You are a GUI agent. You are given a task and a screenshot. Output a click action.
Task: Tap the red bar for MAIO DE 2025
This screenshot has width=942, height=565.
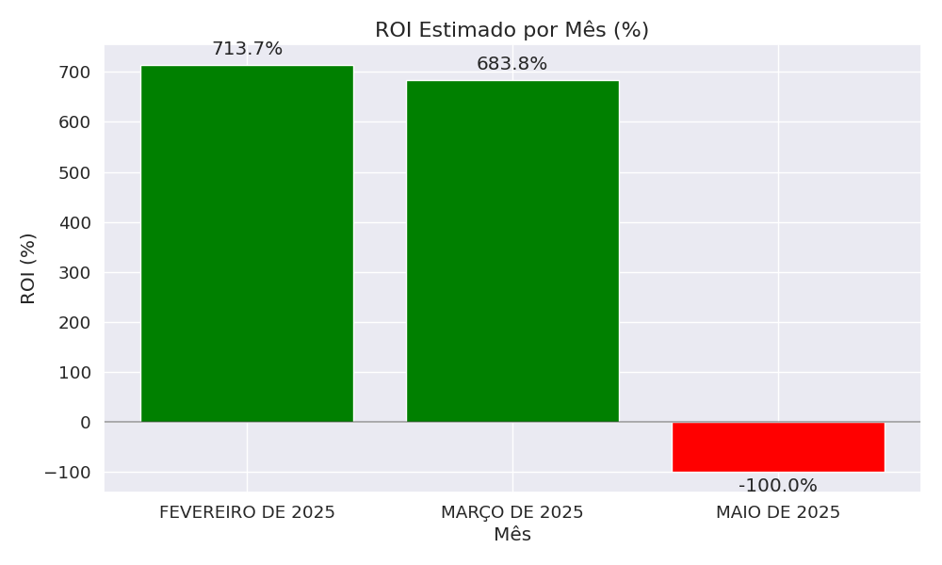[x=778, y=447]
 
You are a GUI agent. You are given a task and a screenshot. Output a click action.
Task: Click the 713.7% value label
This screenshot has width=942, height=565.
[x=247, y=49]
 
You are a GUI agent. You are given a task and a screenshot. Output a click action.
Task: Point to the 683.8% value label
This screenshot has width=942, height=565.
[x=512, y=64]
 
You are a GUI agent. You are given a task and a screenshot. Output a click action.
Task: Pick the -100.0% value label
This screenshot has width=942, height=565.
[x=777, y=486]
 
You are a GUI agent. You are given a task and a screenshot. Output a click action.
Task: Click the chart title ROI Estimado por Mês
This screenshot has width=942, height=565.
[x=512, y=30]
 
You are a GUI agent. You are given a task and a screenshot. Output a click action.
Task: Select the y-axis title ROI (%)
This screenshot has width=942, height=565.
[x=28, y=268]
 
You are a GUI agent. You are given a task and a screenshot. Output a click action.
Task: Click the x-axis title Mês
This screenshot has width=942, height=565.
[x=512, y=535]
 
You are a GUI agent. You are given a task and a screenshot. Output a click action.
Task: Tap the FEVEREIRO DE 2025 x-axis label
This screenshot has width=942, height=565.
[x=247, y=513]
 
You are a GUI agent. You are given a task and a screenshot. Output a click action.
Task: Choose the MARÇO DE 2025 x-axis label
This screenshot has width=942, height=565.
[x=512, y=513]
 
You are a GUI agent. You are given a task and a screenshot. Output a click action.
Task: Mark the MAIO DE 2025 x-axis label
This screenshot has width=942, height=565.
[x=778, y=513]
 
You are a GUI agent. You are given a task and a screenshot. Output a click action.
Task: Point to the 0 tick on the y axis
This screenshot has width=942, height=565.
[x=86, y=423]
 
